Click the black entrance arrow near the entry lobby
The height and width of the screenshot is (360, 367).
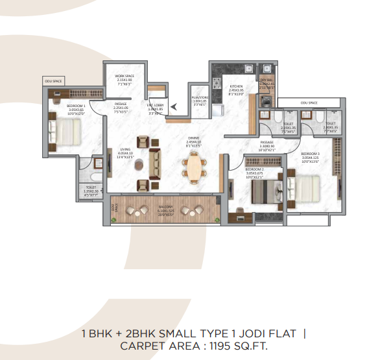pos(172,102)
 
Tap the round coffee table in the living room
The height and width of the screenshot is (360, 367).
pos(138,165)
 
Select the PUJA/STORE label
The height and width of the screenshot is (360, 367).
pos(198,100)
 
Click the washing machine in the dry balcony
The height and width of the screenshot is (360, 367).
pos(266,101)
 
